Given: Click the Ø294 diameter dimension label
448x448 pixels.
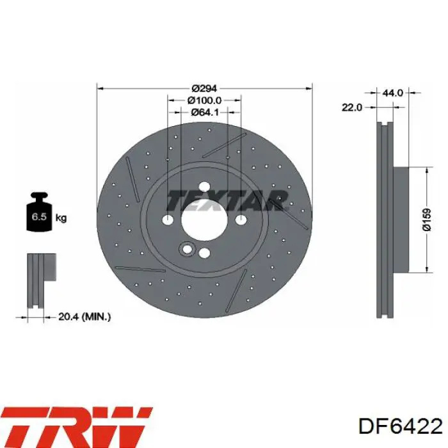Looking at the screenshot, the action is pyautogui.click(x=204, y=88).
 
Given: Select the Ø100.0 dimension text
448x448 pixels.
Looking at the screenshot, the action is pyautogui.click(x=204, y=100).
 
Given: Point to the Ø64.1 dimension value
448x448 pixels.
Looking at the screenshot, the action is pyautogui.click(x=204, y=112).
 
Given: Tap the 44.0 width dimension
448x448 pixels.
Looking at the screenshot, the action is pyautogui.click(x=392, y=93).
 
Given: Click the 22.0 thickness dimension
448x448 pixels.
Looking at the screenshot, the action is pyautogui.click(x=352, y=108).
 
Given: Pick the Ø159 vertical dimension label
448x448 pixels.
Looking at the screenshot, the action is pyautogui.click(x=427, y=220).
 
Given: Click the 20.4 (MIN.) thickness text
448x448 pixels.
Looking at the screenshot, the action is pyautogui.click(x=84, y=317).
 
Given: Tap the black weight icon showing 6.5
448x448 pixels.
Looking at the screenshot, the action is pyautogui.click(x=39, y=212).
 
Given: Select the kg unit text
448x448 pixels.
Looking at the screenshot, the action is pyautogui.click(x=61, y=218).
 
